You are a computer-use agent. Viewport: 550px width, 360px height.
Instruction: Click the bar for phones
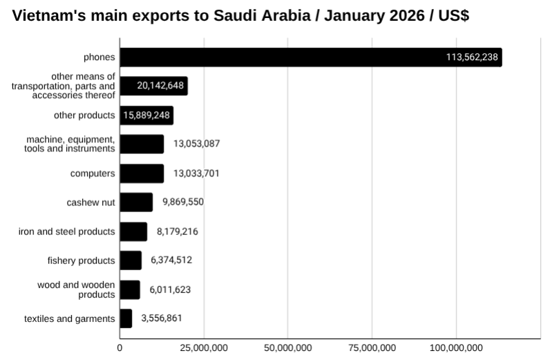311,57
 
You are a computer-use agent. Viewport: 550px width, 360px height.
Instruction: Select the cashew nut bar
136,202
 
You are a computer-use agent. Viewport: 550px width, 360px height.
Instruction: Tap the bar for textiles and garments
126,319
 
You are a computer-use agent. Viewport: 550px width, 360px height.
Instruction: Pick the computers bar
142,173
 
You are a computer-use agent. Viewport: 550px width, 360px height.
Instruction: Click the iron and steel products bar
133,231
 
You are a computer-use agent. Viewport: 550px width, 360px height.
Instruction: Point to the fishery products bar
131,260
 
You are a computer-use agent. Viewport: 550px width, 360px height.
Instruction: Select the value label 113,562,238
472,57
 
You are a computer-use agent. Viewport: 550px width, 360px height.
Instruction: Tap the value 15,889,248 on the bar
146,115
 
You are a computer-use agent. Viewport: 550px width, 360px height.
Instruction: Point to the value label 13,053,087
196,144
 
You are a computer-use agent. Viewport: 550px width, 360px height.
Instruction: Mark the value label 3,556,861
162,319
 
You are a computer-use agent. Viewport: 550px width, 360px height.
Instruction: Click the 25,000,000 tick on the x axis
204,347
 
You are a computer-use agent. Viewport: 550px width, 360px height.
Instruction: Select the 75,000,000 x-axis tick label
372,347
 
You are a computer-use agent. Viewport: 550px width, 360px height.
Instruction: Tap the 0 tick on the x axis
120,347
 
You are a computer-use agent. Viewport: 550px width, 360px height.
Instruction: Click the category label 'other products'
84,115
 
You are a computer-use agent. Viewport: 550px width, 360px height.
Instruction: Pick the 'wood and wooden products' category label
76,290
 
